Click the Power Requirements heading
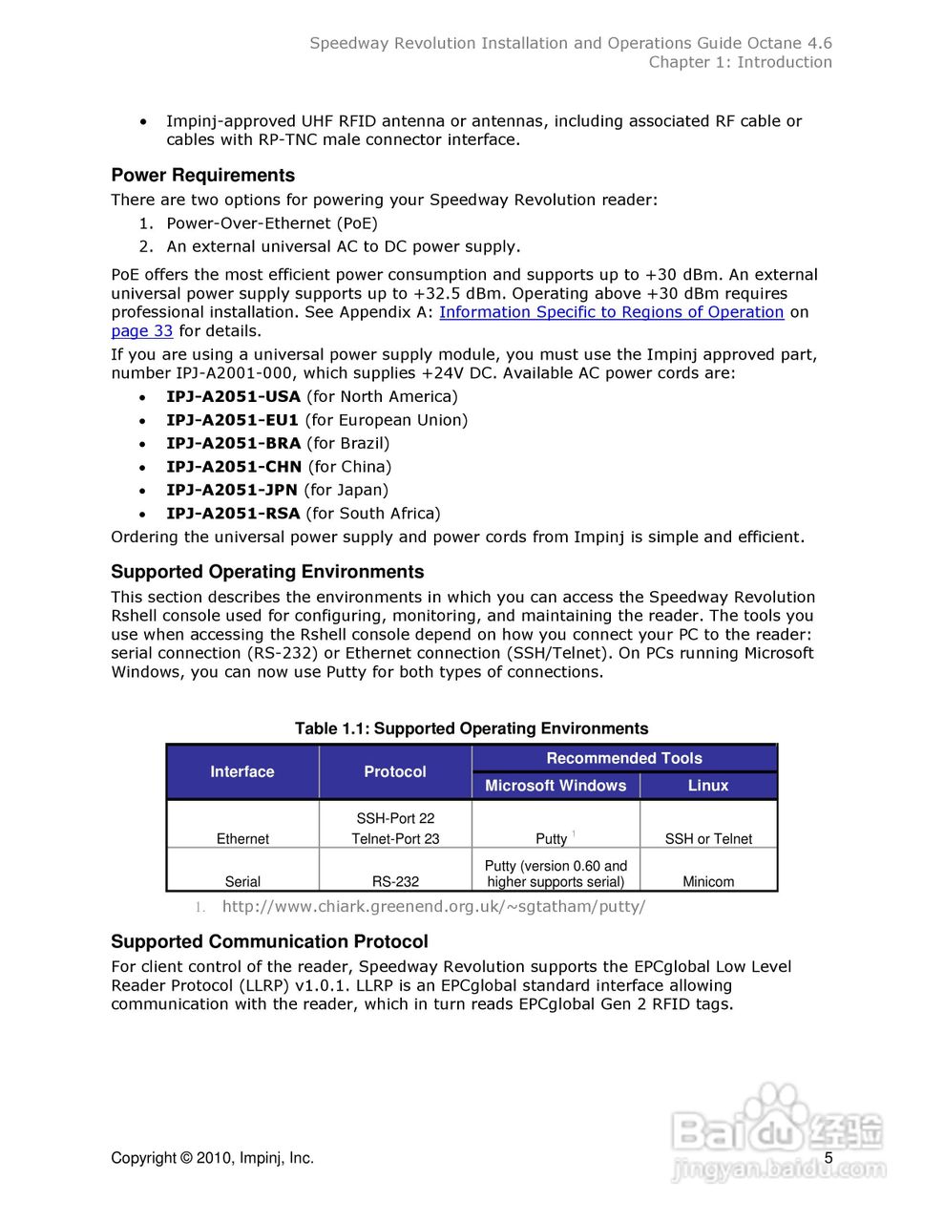tap(202, 176)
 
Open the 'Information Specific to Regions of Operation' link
tap(611, 312)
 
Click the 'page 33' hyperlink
tap(141, 331)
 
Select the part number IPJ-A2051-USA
tap(233, 396)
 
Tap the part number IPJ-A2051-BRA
tap(233, 443)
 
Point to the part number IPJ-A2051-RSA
tap(233, 514)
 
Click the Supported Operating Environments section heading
tap(267, 572)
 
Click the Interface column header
tap(242, 771)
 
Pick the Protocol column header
tap(395, 771)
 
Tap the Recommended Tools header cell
tap(624, 758)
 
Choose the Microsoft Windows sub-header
tap(556, 786)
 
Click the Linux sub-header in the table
tap(708, 786)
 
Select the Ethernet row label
tap(242, 839)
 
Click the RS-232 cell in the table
tap(395, 882)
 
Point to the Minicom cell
tap(708, 882)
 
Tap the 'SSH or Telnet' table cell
tap(708, 839)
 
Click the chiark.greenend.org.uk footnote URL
tap(433, 907)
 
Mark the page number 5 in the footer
tap(829, 1158)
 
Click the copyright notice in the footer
tap(212, 1158)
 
